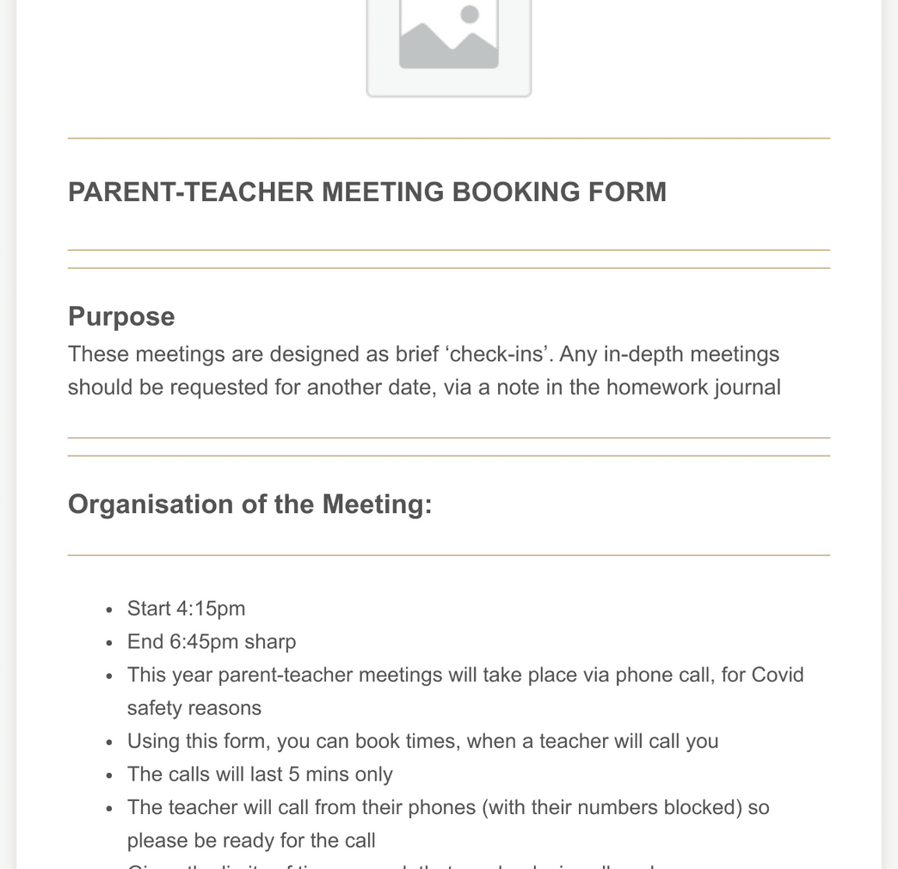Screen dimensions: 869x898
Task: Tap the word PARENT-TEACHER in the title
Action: pyautogui.click(x=191, y=192)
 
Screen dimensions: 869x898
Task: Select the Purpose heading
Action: pyautogui.click(x=121, y=316)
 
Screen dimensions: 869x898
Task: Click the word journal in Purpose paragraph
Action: pyautogui.click(x=747, y=387)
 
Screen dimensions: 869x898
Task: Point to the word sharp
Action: pyautogui.click(x=270, y=642)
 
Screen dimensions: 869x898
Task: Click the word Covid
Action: pyautogui.click(x=778, y=675)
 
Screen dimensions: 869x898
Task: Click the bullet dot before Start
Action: pyautogui.click(x=109, y=609)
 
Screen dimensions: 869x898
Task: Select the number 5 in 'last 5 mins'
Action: pyautogui.click(x=294, y=774)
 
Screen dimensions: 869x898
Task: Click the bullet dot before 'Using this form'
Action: pyautogui.click(x=109, y=742)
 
